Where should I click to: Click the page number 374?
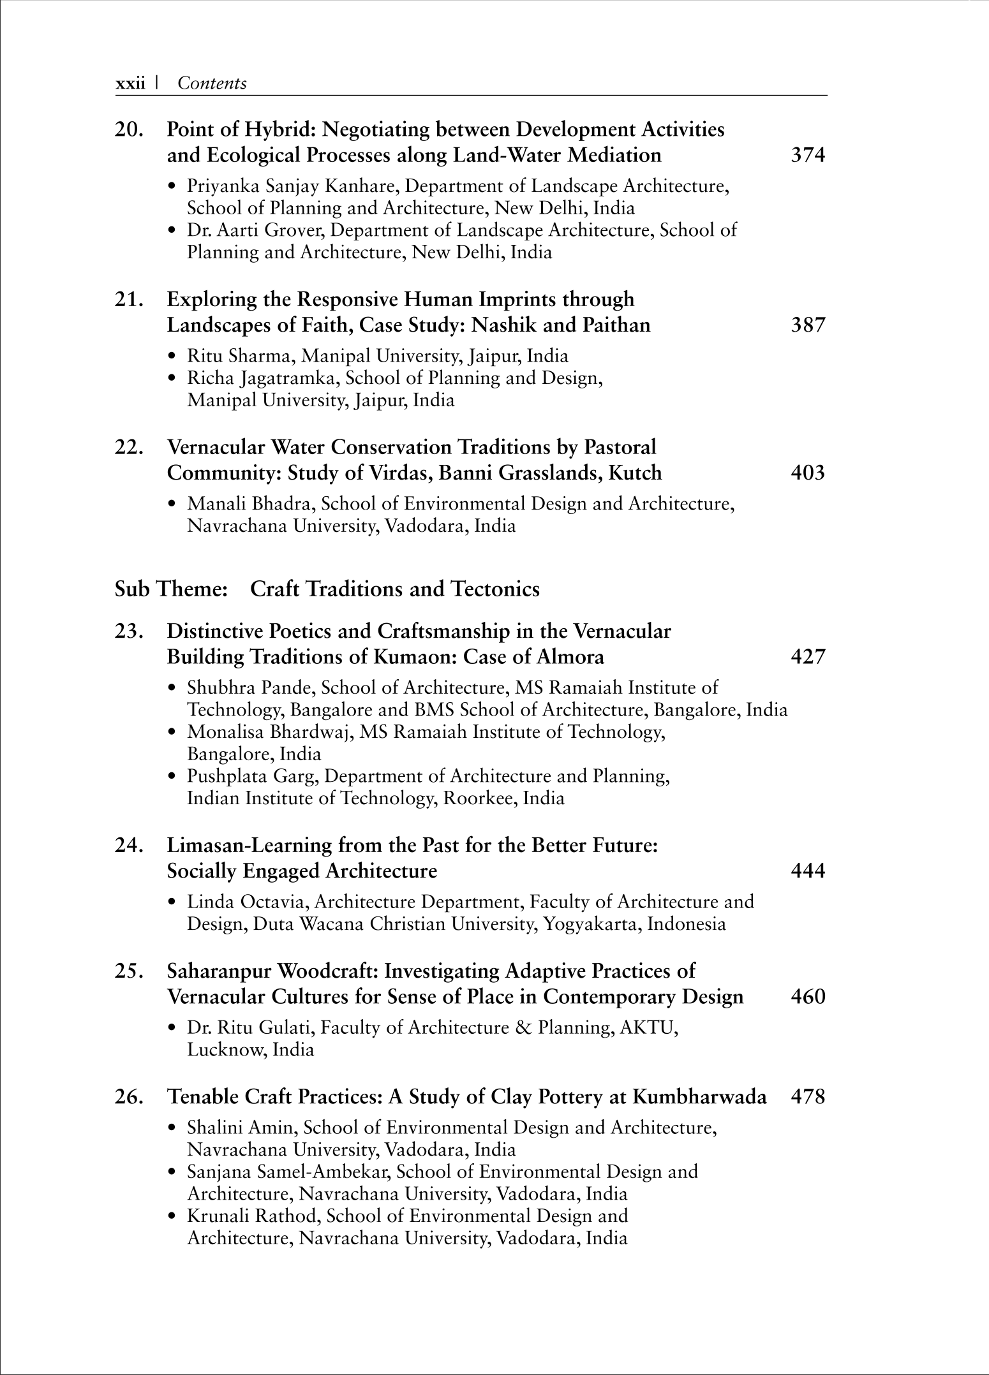(808, 155)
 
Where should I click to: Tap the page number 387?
(808, 325)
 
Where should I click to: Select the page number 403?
(808, 473)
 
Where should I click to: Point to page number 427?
(808, 656)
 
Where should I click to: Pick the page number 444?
(808, 871)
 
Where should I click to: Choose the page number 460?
(808, 997)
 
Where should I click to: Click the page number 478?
(808, 1097)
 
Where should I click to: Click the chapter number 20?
(128, 129)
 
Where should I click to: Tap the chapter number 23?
(128, 631)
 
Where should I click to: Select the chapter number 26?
(128, 1097)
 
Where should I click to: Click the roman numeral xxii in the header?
(130, 84)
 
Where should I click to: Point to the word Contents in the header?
(212, 84)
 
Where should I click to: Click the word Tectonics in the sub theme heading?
(495, 589)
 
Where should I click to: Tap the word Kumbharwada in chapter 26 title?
(699, 1097)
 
